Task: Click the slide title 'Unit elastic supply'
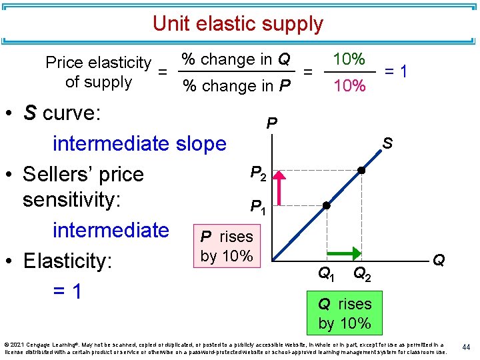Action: coord(237,24)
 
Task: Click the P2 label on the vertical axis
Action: coord(258,173)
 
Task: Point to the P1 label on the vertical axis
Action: coord(258,207)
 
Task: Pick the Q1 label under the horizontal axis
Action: coord(326,273)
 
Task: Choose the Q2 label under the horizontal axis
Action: coord(363,273)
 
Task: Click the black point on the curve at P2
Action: coord(361,170)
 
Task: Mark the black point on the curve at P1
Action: coord(326,205)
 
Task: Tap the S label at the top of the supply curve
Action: coord(387,143)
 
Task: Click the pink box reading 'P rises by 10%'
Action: coord(227,246)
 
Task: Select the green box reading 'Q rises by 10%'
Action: coord(345,313)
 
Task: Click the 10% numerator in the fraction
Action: coord(349,59)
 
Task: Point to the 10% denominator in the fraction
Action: coord(349,85)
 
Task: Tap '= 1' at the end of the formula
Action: coord(397,71)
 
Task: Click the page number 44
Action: coord(467,347)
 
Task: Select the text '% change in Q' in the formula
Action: coord(237,59)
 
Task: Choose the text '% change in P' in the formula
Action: coord(237,86)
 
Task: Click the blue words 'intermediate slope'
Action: coord(139,143)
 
